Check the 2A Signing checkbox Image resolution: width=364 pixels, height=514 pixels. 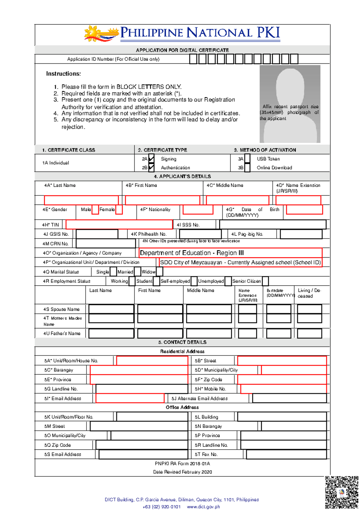151,159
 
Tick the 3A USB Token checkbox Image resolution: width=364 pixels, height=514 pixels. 247,159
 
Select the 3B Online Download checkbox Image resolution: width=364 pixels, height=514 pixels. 247,167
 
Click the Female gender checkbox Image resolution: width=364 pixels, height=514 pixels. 119,209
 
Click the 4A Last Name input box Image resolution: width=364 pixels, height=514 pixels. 81,200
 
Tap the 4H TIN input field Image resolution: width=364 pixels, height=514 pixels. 119,225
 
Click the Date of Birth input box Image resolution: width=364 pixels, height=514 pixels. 304,209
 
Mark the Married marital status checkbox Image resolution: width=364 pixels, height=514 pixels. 137,272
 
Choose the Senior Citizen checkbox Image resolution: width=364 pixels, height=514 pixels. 265,281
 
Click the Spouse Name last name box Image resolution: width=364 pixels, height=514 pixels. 111,309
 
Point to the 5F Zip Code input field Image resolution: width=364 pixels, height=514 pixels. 282,379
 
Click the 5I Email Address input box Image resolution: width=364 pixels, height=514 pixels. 130,398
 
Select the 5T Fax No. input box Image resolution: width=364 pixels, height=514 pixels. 286,454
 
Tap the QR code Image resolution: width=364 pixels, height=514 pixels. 342,492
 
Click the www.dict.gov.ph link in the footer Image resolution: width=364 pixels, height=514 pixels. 203,507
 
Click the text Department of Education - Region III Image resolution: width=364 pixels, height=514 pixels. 192,253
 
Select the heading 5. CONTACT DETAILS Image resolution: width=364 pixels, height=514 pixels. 182,342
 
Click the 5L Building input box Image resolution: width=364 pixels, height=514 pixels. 282,417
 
